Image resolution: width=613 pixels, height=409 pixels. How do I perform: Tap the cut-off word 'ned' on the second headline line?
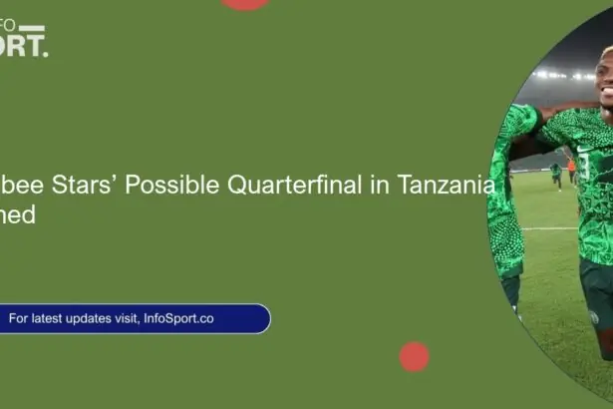pyautogui.click(x=17, y=214)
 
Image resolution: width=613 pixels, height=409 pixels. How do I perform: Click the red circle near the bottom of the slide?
pyautogui.click(x=414, y=356)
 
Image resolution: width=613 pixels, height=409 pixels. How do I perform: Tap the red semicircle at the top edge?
pyautogui.click(x=245, y=4)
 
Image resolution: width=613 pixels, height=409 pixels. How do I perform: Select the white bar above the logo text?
pyautogui.click(x=32, y=27)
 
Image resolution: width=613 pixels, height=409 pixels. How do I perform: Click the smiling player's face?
pyautogui.click(x=603, y=75)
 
